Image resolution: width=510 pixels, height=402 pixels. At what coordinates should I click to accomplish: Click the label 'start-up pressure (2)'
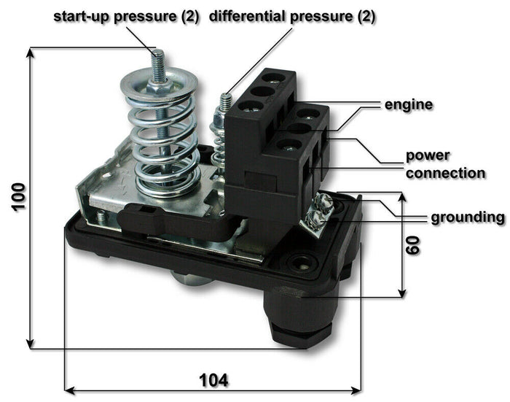click(x=125, y=16)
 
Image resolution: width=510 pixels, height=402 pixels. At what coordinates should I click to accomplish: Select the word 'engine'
click(x=409, y=105)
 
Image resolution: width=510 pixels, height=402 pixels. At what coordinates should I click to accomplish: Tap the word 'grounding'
click(x=466, y=217)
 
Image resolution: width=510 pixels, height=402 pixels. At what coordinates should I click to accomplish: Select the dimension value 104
click(x=213, y=380)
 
